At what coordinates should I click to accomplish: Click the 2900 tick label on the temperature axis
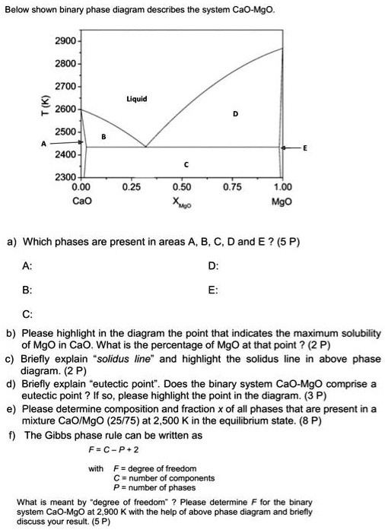(x=62, y=36)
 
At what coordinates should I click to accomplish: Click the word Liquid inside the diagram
(x=137, y=99)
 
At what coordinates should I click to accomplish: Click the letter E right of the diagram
(x=305, y=148)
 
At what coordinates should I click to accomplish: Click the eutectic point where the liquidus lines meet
(x=145, y=147)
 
